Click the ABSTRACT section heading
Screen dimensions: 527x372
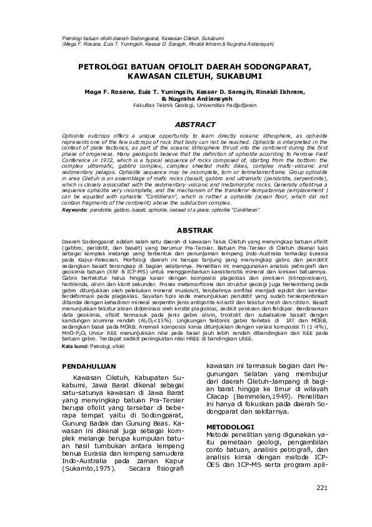(195, 125)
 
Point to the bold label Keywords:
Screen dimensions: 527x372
(75, 210)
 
